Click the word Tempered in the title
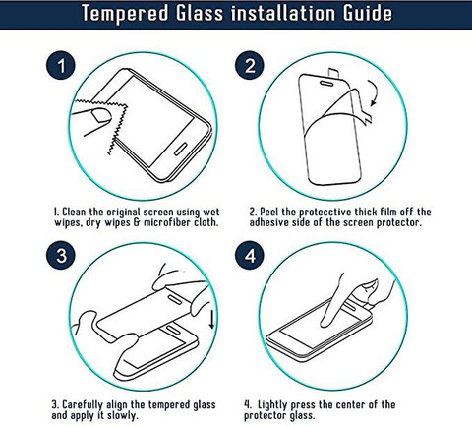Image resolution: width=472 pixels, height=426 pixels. click(125, 13)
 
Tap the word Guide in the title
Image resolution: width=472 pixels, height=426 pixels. click(368, 13)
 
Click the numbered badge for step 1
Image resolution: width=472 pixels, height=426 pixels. click(61, 65)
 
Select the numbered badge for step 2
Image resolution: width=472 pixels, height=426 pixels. click(250, 65)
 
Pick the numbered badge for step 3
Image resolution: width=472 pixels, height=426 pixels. click(61, 255)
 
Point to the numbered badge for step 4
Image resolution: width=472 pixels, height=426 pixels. click(250, 255)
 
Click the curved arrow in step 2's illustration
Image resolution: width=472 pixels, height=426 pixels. click(374, 92)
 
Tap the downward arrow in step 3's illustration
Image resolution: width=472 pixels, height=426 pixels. click(211, 319)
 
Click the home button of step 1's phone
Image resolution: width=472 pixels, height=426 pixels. click(180, 149)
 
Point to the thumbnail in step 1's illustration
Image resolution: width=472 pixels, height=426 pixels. click(101, 115)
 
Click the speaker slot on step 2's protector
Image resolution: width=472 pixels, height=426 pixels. click(326, 83)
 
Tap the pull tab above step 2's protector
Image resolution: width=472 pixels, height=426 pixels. click(333, 74)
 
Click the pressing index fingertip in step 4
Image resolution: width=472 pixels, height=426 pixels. click(325, 323)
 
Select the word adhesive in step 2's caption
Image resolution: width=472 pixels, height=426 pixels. click(267, 222)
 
